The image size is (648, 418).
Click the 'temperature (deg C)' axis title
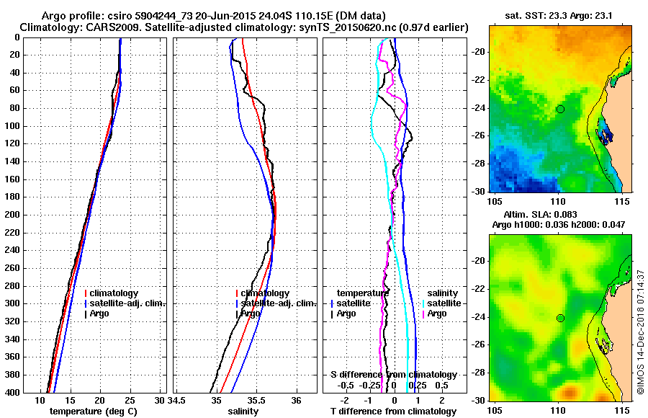tap(93, 411)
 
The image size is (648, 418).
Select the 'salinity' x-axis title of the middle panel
tap(244, 411)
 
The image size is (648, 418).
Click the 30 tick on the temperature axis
tap(160, 399)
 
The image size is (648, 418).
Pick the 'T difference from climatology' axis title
tap(393, 411)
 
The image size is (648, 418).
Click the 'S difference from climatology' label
tap(393, 375)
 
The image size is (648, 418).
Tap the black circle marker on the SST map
tap(560, 109)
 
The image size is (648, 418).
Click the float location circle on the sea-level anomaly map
tap(560, 318)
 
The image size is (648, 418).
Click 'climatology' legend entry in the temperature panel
tap(115, 293)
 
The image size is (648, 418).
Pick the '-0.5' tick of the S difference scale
tap(342, 385)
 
